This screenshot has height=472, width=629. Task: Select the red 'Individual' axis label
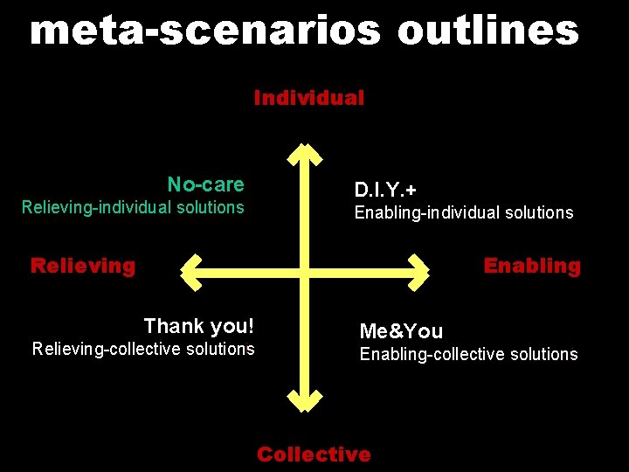(x=309, y=98)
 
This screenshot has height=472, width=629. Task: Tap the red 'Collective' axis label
(x=314, y=455)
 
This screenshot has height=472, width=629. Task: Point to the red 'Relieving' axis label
(x=83, y=266)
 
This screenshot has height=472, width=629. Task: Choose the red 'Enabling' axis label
(x=532, y=266)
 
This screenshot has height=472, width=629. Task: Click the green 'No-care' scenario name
(x=206, y=184)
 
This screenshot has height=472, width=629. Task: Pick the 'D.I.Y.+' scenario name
(x=385, y=190)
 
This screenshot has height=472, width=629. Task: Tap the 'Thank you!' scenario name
(x=199, y=326)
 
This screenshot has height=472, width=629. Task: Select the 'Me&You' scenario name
(x=401, y=331)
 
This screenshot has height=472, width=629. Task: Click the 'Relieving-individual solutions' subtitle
(x=133, y=207)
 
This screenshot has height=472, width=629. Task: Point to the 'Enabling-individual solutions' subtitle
(x=463, y=212)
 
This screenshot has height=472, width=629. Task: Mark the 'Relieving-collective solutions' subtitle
(x=143, y=349)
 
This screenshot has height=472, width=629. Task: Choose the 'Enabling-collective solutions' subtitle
(x=468, y=354)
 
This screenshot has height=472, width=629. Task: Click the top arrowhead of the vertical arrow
(x=305, y=156)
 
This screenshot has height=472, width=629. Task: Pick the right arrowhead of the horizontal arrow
(x=418, y=271)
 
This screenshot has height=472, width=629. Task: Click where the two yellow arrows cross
(x=305, y=271)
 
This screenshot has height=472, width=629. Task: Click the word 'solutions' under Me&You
(x=540, y=354)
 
